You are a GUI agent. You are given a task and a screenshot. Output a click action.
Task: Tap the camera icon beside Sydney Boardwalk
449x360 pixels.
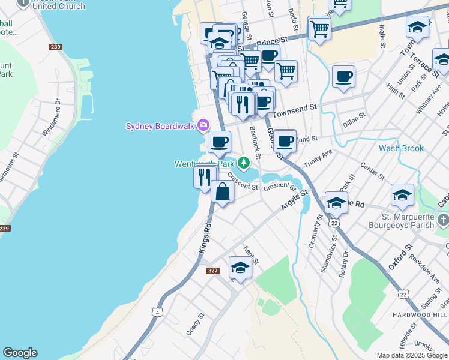[x=203, y=125]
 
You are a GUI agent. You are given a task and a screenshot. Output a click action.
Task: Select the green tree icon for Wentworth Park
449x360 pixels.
[x=243, y=163]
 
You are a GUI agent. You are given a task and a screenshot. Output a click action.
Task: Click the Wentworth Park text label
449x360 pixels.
[x=204, y=164]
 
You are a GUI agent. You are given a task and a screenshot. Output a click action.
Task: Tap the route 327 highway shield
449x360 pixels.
[x=212, y=271]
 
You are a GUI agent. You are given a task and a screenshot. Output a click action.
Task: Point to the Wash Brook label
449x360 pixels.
[x=401, y=148]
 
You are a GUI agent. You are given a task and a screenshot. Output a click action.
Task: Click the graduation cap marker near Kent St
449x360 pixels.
[x=240, y=268]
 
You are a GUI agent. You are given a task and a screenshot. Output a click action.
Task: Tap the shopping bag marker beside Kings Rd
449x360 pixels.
[x=222, y=192]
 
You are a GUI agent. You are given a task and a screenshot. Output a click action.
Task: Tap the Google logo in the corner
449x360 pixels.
[x=20, y=353]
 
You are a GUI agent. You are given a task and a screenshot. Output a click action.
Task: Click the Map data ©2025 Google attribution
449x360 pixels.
[x=412, y=355]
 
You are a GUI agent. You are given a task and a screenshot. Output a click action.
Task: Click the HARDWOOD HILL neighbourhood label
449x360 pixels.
[x=425, y=315]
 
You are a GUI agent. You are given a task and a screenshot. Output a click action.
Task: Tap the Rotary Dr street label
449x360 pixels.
[x=344, y=262]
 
